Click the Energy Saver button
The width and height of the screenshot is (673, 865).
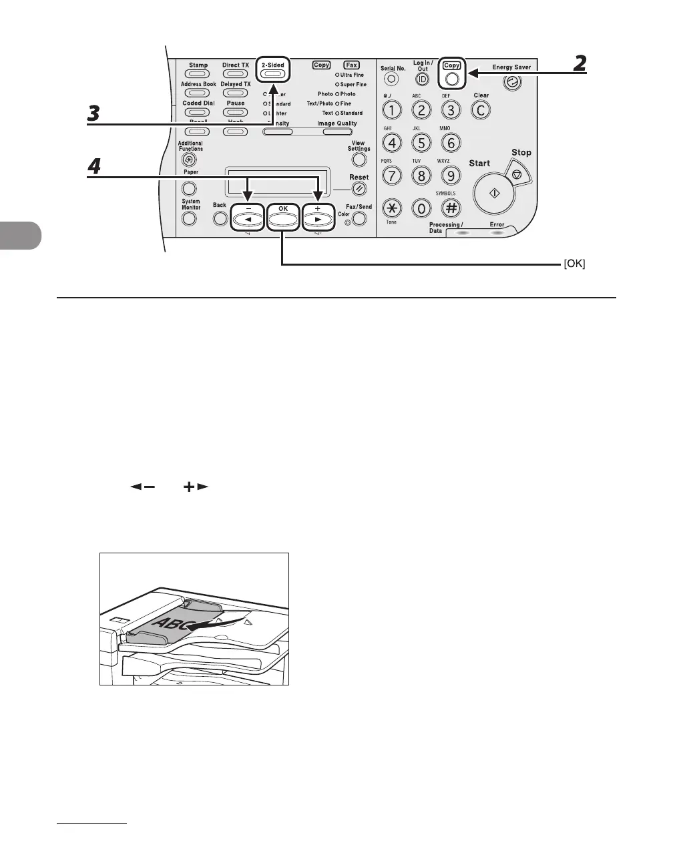[x=512, y=83]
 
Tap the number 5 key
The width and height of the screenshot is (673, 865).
[x=421, y=142]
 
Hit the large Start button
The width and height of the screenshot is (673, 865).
[x=494, y=192]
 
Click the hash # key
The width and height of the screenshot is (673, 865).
[x=451, y=208]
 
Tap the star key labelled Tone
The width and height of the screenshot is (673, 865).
[x=392, y=208]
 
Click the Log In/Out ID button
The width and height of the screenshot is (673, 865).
[x=422, y=79]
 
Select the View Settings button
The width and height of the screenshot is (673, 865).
[x=359, y=160]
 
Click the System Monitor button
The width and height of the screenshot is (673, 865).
[x=190, y=218]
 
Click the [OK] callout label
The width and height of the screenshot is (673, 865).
[x=574, y=264]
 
